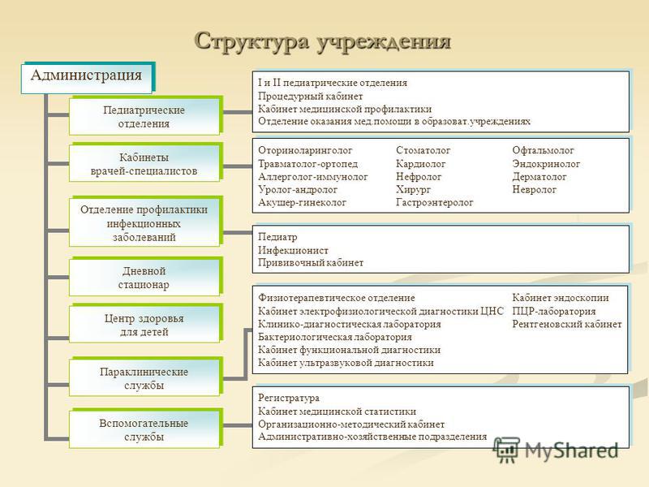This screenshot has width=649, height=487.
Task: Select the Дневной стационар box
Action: pyautogui.click(x=146, y=277)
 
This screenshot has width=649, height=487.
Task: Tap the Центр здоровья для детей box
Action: pyautogui.click(x=146, y=324)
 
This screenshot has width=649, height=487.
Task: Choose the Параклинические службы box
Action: pyautogui.click(x=146, y=377)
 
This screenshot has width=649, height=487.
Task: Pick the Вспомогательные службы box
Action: pyautogui.click(x=146, y=429)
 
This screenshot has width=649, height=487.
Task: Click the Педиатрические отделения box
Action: pyautogui.click(x=146, y=116)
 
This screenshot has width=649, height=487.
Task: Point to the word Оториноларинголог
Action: pyautogui.click(x=305, y=150)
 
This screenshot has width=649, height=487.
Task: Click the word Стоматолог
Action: pyautogui.click(x=423, y=150)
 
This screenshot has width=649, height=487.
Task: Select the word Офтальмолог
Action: pyautogui.click(x=543, y=150)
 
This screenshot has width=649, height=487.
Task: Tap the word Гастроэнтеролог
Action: pyautogui.click(x=435, y=202)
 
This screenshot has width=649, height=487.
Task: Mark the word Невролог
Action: pyautogui.click(x=535, y=190)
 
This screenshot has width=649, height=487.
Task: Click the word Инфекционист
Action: pyautogui.click(x=293, y=251)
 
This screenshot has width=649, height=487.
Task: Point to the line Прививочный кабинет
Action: pyautogui.click(x=311, y=263)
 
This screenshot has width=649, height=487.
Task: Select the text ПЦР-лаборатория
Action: pyautogui.click(x=554, y=311)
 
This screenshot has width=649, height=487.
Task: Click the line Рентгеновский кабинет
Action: pyautogui.click(x=567, y=324)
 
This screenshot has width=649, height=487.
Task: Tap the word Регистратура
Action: pyautogui.click(x=289, y=399)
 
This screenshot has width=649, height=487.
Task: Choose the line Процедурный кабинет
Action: pyautogui.click(x=311, y=97)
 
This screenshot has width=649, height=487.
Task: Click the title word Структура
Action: pyautogui.click(x=252, y=42)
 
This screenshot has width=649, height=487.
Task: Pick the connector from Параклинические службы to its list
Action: pyautogui.click(x=246, y=354)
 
